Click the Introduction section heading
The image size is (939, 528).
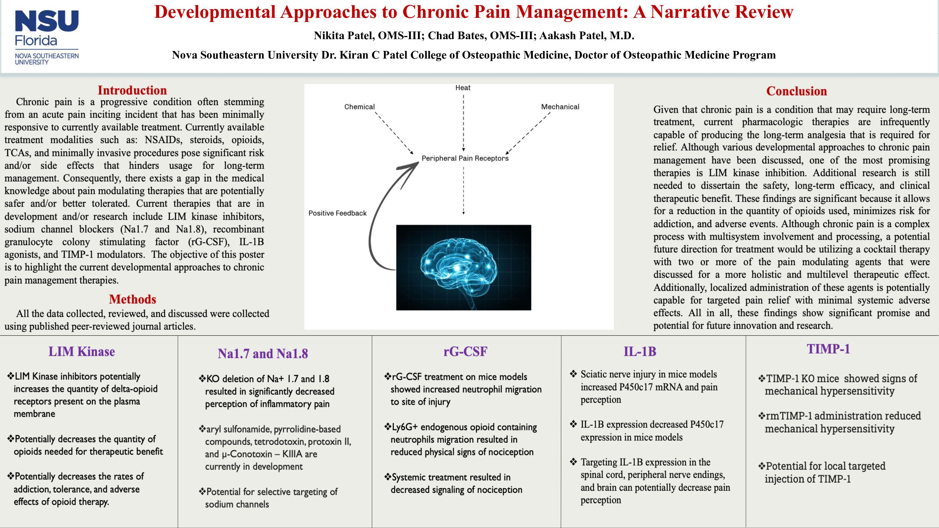[132, 90]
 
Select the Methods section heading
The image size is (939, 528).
[132, 299]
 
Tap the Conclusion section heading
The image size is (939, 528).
[796, 91]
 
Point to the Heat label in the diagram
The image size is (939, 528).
[462, 88]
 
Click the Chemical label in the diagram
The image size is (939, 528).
[359, 107]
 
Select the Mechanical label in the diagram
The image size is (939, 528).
[560, 107]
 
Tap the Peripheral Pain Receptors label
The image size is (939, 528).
[465, 158]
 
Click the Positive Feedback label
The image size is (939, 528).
[337, 213]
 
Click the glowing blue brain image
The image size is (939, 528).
[463, 267]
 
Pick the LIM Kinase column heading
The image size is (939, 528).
[82, 352]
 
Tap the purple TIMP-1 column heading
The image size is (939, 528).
[828, 349]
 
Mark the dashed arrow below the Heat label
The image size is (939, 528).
[463, 122]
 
